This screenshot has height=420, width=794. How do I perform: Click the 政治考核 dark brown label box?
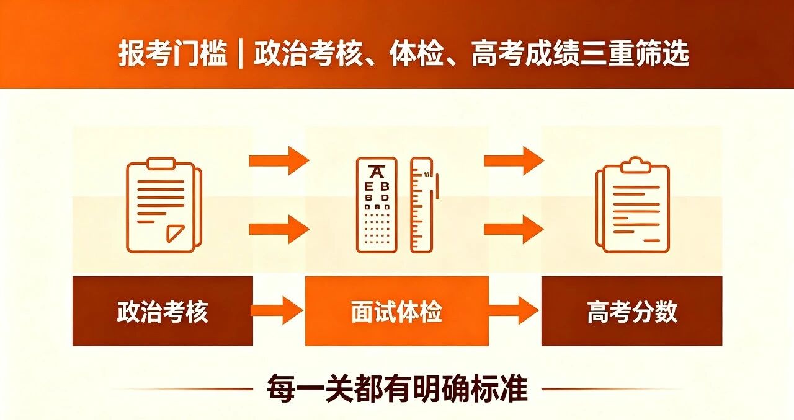(163, 311)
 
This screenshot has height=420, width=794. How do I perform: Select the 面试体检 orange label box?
(397, 311)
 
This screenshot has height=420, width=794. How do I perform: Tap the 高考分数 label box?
(631, 311)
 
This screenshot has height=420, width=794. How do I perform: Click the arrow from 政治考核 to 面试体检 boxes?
(277, 310)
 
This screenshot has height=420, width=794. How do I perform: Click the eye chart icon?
(377, 205)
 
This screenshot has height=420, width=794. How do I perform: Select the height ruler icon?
(424, 205)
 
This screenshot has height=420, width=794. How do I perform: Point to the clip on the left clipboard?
(161, 164)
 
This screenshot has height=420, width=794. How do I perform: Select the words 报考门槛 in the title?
(172, 54)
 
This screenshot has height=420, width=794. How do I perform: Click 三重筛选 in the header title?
(635, 54)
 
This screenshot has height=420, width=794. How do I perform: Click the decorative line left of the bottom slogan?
(182, 389)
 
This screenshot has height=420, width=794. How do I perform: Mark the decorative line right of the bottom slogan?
(612, 389)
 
